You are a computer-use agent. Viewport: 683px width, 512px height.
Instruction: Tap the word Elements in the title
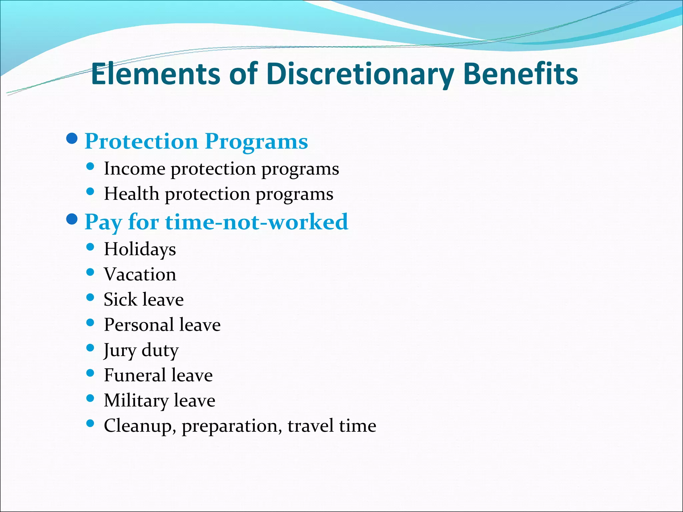coord(155,74)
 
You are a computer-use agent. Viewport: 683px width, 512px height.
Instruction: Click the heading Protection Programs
coord(196,141)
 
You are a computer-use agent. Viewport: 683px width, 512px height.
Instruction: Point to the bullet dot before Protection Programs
coord(72,138)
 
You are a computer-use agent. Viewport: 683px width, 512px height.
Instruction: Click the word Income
coord(134,169)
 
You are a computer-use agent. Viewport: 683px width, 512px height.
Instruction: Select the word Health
coord(131,194)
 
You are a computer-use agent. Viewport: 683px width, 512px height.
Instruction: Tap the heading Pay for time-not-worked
coord(216,222)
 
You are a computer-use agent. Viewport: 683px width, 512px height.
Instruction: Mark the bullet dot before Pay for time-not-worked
coord(72,219)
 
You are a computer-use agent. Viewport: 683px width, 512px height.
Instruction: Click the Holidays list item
coord(140,249)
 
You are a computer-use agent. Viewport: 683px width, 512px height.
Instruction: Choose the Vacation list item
coord(140,275)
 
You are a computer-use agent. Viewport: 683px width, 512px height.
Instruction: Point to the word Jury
coord(120,351)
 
